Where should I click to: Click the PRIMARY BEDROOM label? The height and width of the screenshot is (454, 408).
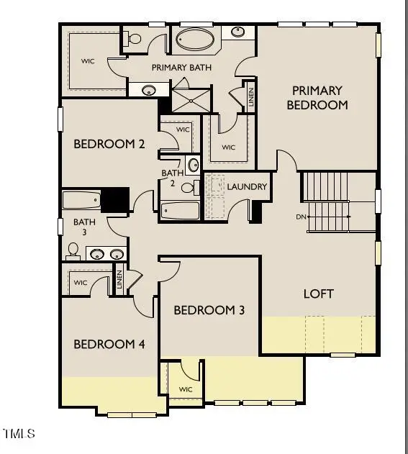tap(317, 97)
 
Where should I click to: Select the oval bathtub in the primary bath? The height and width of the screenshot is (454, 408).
tap(195, 39)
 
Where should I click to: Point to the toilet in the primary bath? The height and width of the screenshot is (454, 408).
tap(133, 40)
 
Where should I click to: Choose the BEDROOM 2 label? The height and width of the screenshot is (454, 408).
tap(109, 144)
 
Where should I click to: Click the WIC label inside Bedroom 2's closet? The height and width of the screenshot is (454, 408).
tap(183, 130)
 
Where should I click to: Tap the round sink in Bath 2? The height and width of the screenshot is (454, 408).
tap(194, 165)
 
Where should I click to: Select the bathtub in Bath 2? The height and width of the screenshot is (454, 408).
tap(179, 211)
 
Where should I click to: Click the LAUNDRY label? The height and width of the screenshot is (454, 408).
tap(247, 187)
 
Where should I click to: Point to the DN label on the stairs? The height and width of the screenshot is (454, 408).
tap(301, 217)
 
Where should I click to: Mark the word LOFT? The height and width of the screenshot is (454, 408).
tap(318, 294)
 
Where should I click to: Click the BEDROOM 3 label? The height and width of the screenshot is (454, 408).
tap(209, 310)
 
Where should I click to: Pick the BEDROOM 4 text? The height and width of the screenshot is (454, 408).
tap(109, 344)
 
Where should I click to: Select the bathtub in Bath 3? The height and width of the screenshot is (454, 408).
tap(81, 199)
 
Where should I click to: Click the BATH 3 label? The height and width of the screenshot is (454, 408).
tap(84, 227)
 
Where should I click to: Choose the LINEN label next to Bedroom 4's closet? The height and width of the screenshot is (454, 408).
tap(119, 280)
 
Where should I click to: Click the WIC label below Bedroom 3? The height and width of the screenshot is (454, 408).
tap(186, 389)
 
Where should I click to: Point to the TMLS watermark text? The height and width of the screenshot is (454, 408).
tap(19, 433)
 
